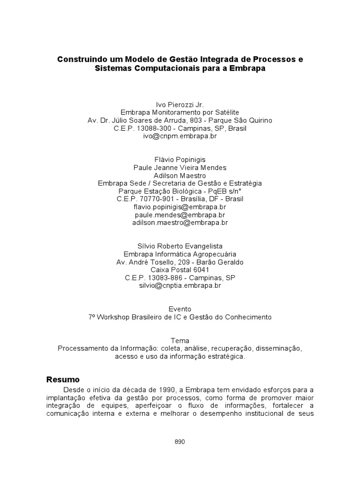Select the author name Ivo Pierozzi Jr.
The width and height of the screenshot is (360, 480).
180,104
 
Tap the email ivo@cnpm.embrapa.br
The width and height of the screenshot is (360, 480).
180,136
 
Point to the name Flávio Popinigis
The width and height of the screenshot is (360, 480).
180,159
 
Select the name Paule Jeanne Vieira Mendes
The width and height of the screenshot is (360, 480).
180,167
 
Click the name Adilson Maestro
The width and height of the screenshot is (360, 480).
180,175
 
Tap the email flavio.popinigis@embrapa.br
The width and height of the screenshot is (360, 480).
180,207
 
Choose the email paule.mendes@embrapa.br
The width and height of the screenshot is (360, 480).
180,215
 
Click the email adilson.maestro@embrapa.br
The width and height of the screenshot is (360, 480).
180,223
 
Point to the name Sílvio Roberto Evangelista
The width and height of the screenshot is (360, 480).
180,246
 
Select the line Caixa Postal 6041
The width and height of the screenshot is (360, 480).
180,270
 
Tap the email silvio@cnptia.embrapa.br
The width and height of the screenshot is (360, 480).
180,285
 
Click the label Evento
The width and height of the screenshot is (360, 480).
180,309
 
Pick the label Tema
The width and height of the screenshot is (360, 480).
180,341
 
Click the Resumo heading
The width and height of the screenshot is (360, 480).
63,379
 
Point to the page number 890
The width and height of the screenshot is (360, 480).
180,442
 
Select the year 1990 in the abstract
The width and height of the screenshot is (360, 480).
164,390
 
